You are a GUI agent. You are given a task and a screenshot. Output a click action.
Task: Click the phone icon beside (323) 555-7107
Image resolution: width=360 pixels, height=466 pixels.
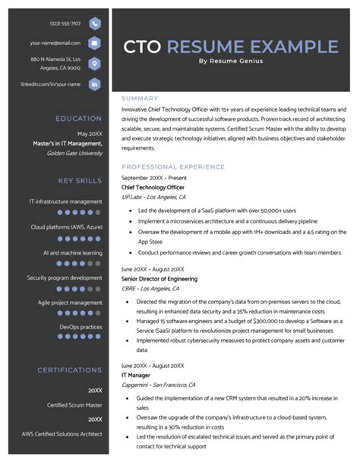point(94,24)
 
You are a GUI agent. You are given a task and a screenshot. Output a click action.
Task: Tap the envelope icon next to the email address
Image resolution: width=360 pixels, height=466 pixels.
point(94,43)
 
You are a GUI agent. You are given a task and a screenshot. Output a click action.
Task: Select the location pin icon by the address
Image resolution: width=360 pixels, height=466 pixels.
point(94,63)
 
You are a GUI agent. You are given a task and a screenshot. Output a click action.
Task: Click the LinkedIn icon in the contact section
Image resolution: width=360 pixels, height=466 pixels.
point(94,84)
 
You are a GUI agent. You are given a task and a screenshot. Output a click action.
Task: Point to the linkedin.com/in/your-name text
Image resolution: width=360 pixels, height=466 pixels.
point(51,84)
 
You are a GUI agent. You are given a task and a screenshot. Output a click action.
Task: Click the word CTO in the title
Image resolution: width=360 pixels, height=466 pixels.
point(142,47)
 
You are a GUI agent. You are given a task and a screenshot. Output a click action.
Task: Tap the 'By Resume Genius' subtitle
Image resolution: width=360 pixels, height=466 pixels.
point(230,62)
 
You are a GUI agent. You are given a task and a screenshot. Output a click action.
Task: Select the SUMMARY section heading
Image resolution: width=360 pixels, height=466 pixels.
point(140,98)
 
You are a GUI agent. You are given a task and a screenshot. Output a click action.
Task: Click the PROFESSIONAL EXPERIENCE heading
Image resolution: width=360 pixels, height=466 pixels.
point(173,166)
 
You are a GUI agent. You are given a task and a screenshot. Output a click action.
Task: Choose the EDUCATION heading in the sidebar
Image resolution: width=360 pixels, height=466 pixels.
point(78,119)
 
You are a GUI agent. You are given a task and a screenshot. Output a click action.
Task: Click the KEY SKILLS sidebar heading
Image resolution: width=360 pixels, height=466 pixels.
point(80,181)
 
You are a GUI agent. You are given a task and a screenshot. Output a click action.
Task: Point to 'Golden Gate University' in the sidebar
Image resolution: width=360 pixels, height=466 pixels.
point(74,153)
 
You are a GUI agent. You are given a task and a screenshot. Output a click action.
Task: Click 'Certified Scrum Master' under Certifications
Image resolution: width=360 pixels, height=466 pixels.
point(74,405)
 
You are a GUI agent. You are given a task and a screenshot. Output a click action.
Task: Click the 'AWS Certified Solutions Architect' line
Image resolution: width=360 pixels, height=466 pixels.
point(62,433)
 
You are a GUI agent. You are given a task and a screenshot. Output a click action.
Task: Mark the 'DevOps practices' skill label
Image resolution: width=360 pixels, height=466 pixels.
point(81,328)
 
